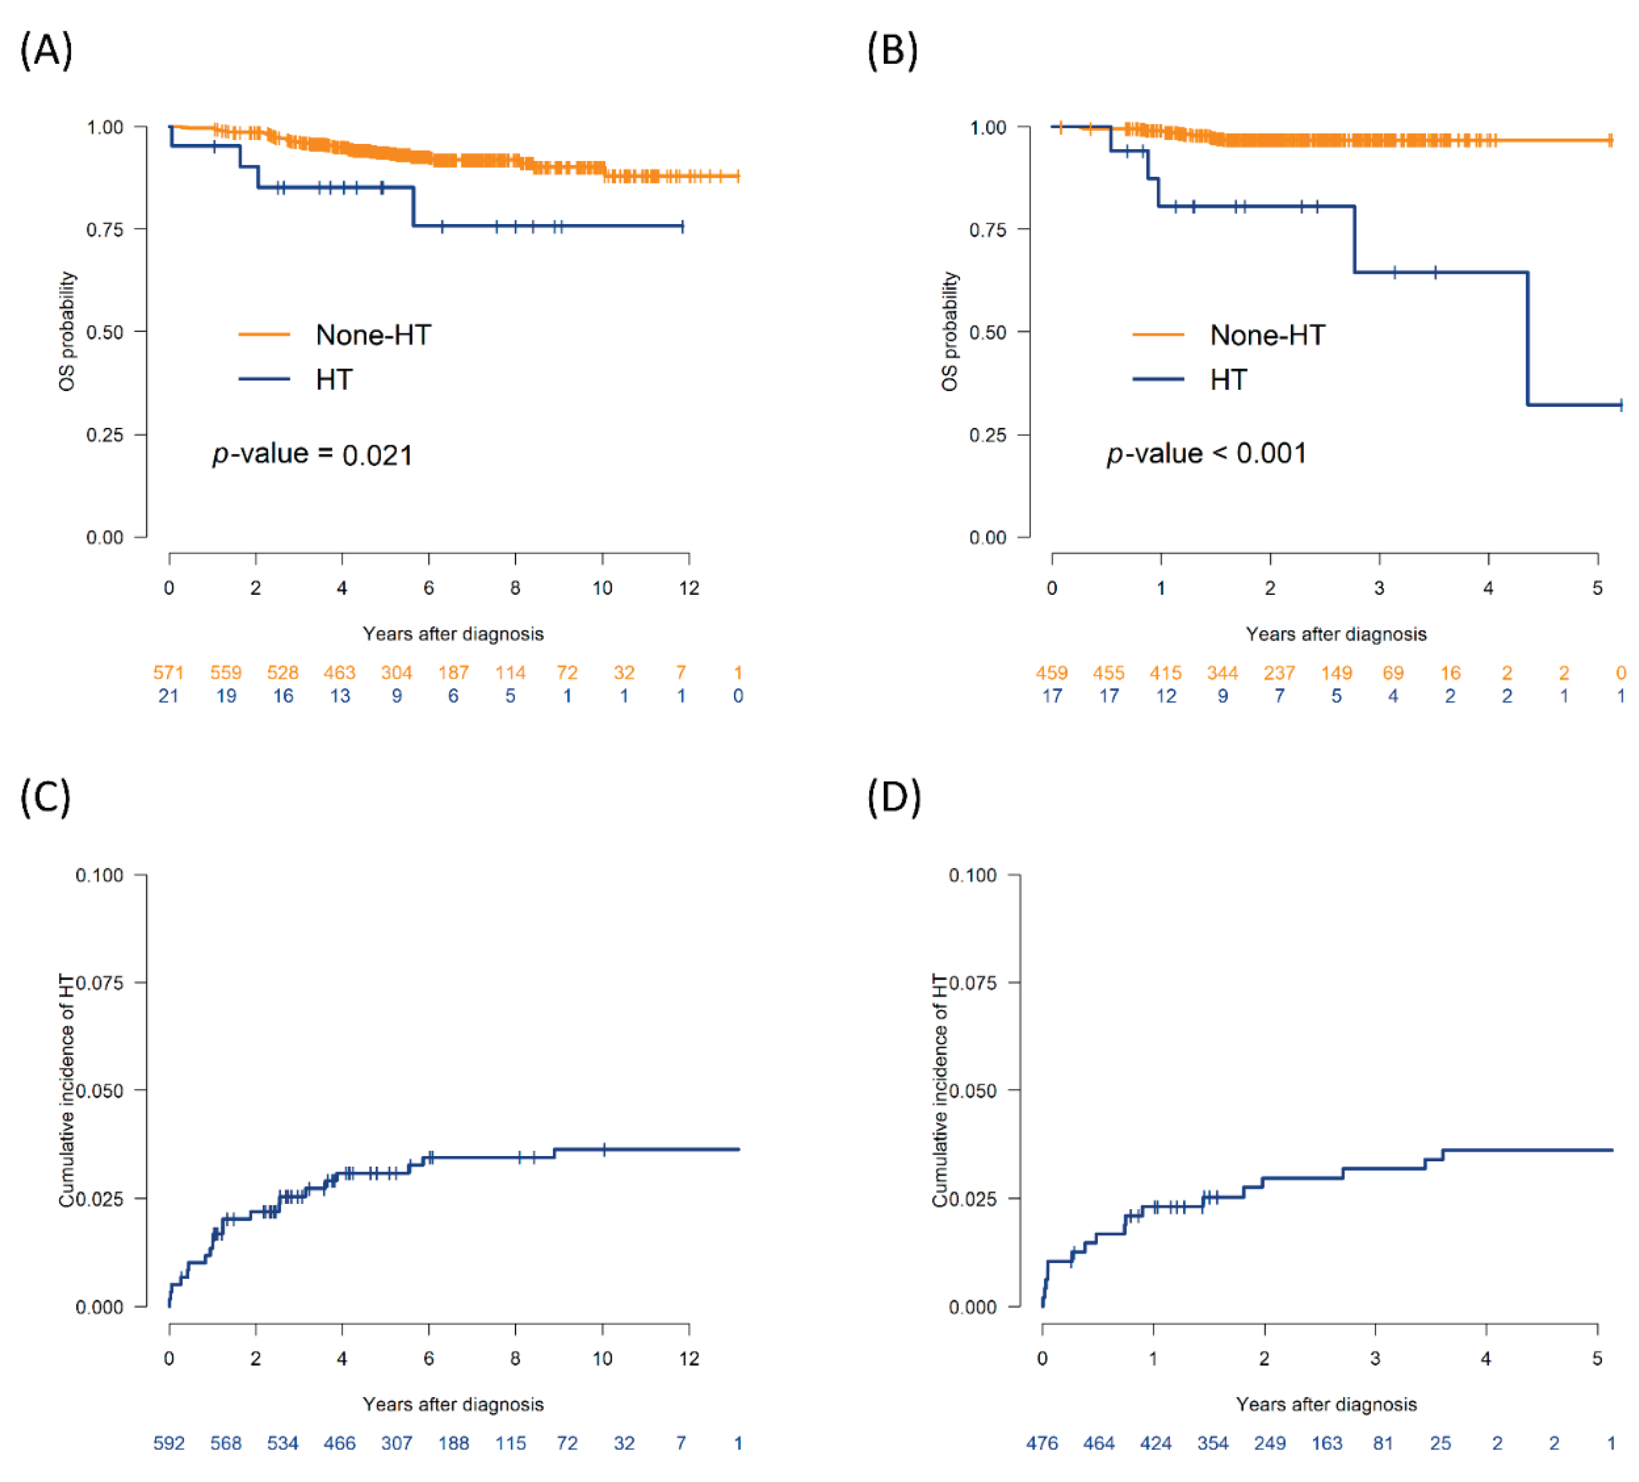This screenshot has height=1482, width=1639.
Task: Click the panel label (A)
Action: click(46, 50)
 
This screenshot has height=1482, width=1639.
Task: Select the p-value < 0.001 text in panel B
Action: click(1206, 453)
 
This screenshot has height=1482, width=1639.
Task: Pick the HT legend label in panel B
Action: click(1228, 380)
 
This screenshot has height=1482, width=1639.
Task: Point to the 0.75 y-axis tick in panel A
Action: click(105, 229)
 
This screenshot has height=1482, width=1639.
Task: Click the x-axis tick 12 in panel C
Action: click(689, 1358)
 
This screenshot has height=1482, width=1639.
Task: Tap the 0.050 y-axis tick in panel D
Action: click(973, 1090)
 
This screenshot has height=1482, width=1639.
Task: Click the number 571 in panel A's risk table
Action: click(168, 672)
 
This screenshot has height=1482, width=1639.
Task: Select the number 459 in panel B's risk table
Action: click(1051, 672)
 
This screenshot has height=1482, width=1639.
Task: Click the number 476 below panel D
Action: click(1042, 1443)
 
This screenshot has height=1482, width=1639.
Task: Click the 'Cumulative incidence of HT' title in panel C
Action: click(67, 1090)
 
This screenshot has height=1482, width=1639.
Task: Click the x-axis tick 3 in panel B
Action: click(1379, 588)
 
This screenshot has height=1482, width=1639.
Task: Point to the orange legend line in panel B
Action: click(1158, 334)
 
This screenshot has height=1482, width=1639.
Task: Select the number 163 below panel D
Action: click(1327, 1443)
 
